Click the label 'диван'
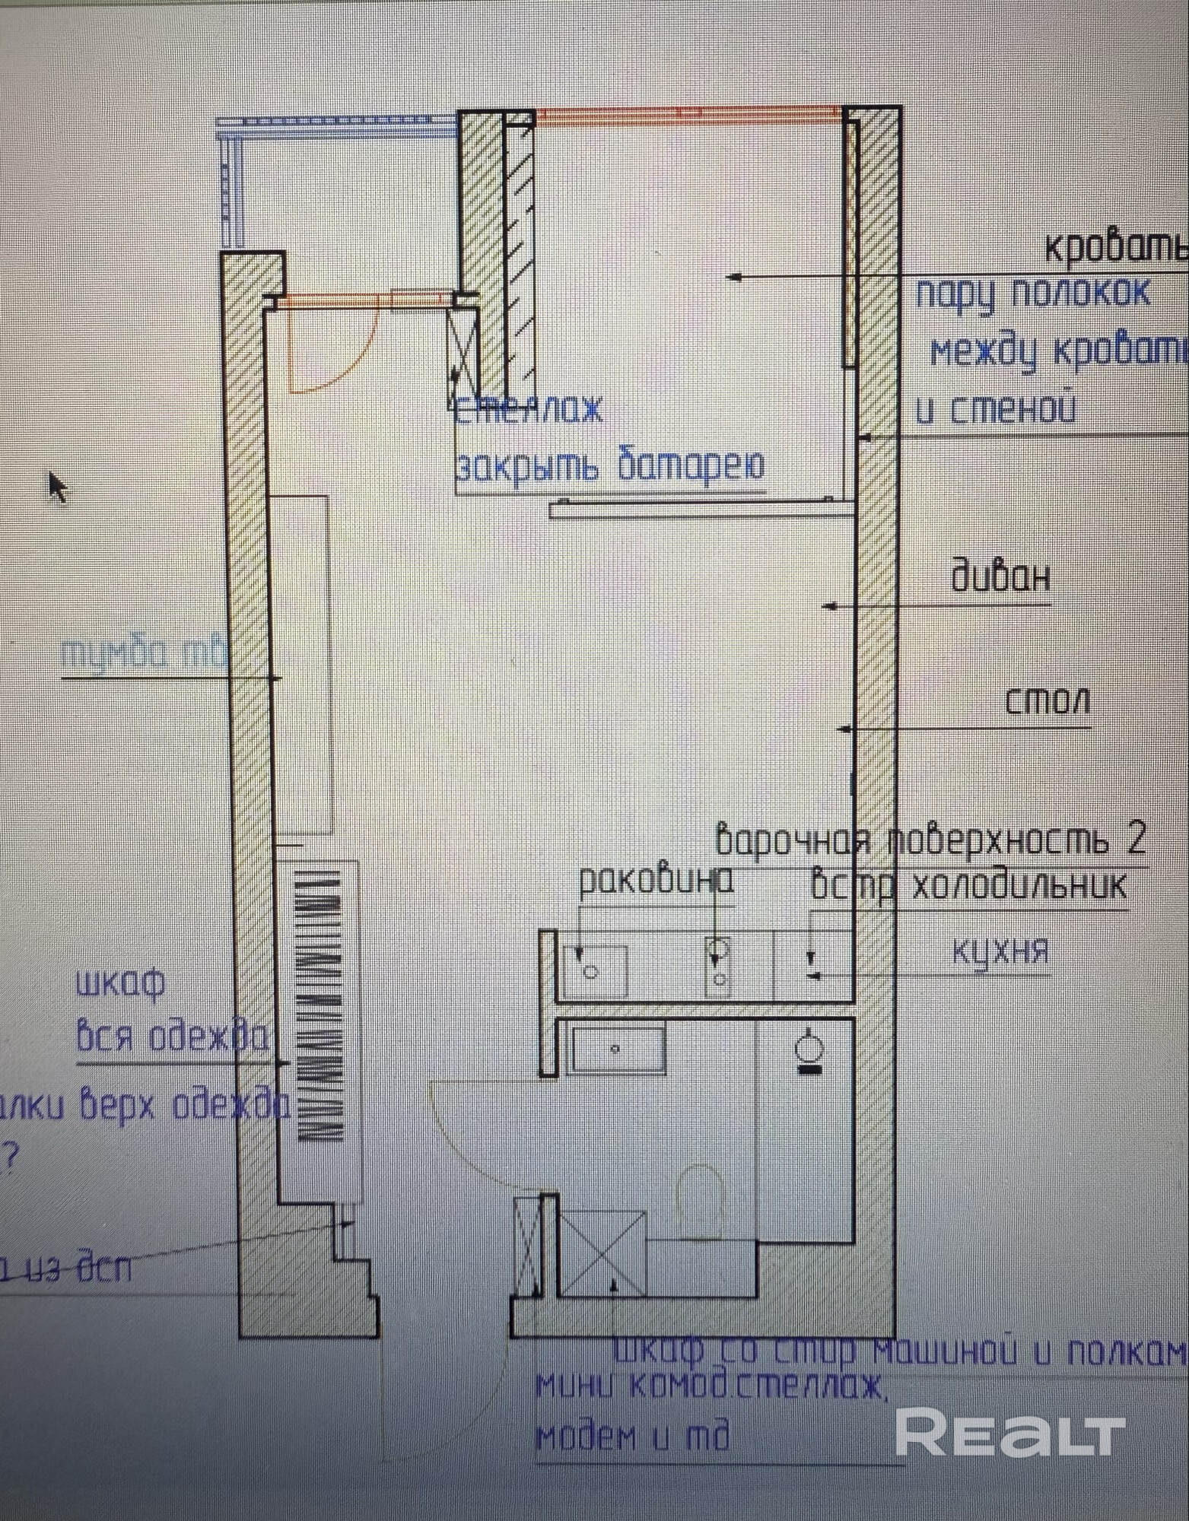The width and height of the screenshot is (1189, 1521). (1000, 577)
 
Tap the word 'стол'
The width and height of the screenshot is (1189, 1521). (1048, 700)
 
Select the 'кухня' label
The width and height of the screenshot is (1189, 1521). (1000, 951)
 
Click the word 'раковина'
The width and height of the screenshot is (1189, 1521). (656, 881)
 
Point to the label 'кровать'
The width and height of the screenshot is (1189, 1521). (1114, 246)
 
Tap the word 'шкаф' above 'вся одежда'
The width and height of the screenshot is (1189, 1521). (120, 983)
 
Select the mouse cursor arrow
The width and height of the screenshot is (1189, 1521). (57, 487)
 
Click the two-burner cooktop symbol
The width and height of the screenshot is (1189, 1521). (719, 966)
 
